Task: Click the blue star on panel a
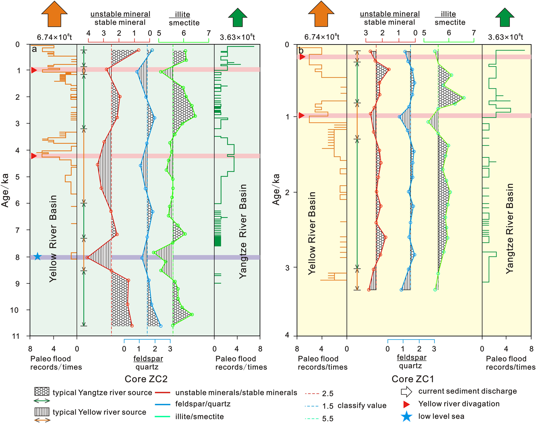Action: [38, 256]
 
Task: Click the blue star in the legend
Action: [406, 417]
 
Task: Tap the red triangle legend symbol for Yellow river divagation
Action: [406, 404]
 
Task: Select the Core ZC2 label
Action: [146, 379]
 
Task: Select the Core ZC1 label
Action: [413, 379]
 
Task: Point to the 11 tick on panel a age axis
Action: [16, 336]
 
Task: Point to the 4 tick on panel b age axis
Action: [286, 335]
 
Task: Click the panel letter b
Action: [301, 51]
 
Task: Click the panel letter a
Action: [34, 49]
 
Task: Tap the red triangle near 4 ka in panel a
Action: [34, 156]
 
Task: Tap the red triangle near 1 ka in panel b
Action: [301, 116]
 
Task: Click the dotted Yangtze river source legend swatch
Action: [42, 391]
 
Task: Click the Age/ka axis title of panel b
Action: [276, 189]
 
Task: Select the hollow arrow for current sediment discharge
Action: [406, 392]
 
